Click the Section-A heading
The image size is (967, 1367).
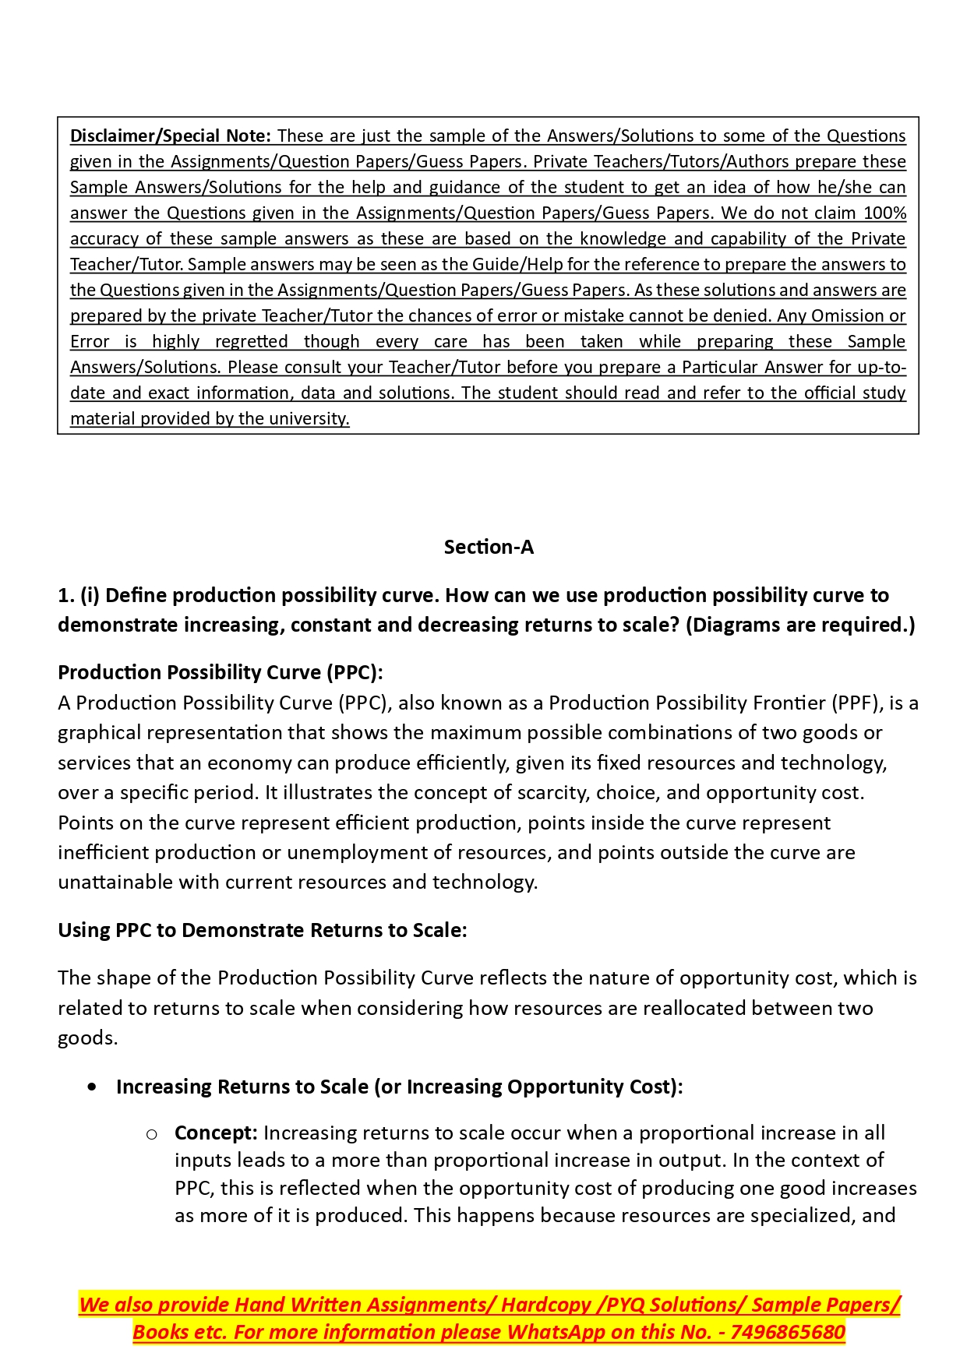tap(489, 547)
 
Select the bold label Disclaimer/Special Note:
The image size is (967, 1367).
tap(171, 136)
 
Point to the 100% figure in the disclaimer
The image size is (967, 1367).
tap(884, 213)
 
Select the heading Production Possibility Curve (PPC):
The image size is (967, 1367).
tap(221, 672)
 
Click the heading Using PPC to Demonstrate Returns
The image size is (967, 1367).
tap(263, 930)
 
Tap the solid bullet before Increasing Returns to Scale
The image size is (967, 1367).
tap(93, 1087)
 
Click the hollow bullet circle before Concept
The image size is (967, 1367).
tap(152, 1133)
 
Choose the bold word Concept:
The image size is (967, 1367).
tap(216, 1133)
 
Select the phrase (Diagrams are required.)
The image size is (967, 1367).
tap(800, 625)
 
